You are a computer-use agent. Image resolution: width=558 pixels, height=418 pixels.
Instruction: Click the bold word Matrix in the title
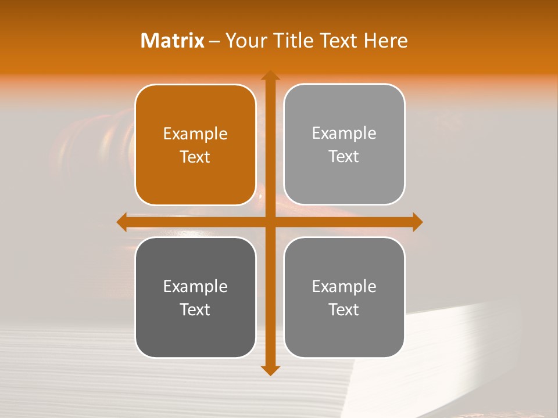(x=173, y=41)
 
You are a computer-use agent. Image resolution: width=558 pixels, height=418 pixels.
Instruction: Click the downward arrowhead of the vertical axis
(x=270, y=370)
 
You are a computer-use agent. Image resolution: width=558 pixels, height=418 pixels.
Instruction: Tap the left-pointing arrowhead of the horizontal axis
(x=122, y=222)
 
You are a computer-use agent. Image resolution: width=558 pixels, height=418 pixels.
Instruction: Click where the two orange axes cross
(x=270, y=222)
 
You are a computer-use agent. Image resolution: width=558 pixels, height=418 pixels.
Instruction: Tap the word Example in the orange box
(x=195, y=134)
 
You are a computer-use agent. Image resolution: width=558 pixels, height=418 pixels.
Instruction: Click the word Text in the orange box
(x=195, y=157)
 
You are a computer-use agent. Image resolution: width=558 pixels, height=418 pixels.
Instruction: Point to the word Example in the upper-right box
(x=344, y=133)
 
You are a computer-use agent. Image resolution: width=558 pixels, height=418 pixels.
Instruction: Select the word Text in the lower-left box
(x=195, y=309)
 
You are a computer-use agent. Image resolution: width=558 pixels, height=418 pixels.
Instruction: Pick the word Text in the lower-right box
(x=344, y=309)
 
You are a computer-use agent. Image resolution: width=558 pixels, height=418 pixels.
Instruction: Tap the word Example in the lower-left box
(x=195, y=286)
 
